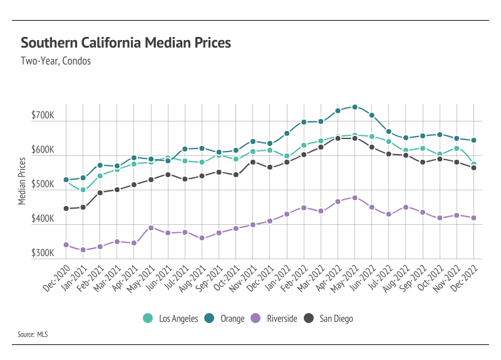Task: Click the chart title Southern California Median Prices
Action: [x=126, y=43]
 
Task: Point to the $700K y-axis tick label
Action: [x=43, y=116]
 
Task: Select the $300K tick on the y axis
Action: [x=43, y=254]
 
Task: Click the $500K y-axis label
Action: [x=43, y=185]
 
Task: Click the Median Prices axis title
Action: [x=22, y=181]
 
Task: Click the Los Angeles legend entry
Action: [x=170, y=319]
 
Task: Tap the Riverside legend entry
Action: [x=274, y=319]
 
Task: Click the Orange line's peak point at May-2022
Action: [x=355, y=107]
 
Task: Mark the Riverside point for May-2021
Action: [x=151, y=228]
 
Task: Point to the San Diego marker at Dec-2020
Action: [x=66, y=208]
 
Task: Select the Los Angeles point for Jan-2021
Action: [x=83, y=190]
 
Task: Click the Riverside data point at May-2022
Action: [x=355, y=198]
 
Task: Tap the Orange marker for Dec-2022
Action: [x=473, y=140]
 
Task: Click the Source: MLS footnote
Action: [x=33, y=335]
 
